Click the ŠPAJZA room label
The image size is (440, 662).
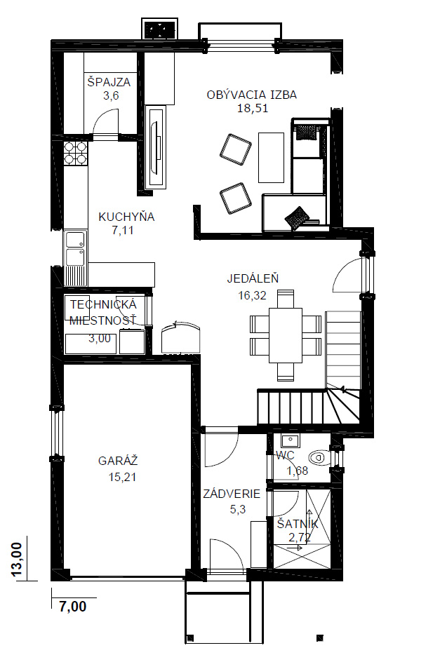pos(109,82)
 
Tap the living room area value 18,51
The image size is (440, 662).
pos(253,109)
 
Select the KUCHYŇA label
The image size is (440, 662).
pos(126,217)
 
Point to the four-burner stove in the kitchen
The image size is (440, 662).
pos(76,153)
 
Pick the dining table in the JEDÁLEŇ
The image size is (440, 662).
pos(286,335)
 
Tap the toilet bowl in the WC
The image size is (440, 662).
pos(319,457)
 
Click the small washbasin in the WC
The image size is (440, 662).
pos(290,441)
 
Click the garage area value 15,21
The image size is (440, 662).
pos(122,478)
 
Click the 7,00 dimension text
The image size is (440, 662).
pos(73,607)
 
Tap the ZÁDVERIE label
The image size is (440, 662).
pos(232,494)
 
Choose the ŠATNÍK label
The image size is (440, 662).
pos(298,525)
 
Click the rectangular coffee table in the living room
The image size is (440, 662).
pos(271,158)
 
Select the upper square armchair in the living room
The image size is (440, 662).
pos(235,149)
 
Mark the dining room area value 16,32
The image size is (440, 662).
pos(253,295)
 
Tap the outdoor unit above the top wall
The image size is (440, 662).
pos(160,29)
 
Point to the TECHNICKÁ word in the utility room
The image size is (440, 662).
pos(104,304)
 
